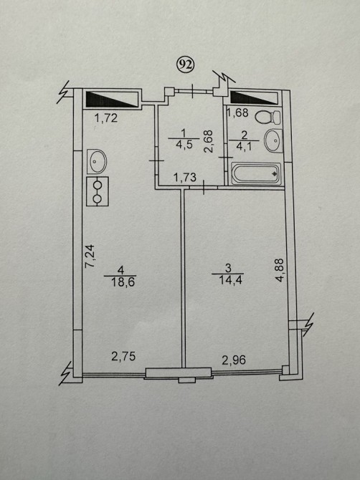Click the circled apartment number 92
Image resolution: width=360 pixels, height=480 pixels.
[x=186, y=64]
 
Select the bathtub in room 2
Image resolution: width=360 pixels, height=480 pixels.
[x=256, y=174]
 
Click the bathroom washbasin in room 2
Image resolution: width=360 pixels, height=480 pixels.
[x=273, y=140]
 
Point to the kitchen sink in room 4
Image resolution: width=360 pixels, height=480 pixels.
[x=97, y=161]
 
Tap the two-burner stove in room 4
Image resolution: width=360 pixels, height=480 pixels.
[x=98, y=191]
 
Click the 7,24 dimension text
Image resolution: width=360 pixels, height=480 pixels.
[x=90, y=256]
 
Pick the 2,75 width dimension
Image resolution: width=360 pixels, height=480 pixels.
[x=123, y=356]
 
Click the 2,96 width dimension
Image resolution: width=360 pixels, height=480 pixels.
[x=234, y=360]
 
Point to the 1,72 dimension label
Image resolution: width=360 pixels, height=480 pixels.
[x=105, y=118]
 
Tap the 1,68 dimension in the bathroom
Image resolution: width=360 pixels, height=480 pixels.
[x=237, y=112]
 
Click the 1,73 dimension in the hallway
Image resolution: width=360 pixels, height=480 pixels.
[x=185, y=177]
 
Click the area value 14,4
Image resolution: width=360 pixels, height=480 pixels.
[x=231, y=280]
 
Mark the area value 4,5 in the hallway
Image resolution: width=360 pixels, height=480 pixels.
[x=184, y=145]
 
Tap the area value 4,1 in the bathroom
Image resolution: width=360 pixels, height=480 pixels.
[x=244, y=147]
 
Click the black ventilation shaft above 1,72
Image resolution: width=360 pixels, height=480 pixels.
[x=112, y=99]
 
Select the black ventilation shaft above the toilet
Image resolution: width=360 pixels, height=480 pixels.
[x=254, y=97]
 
